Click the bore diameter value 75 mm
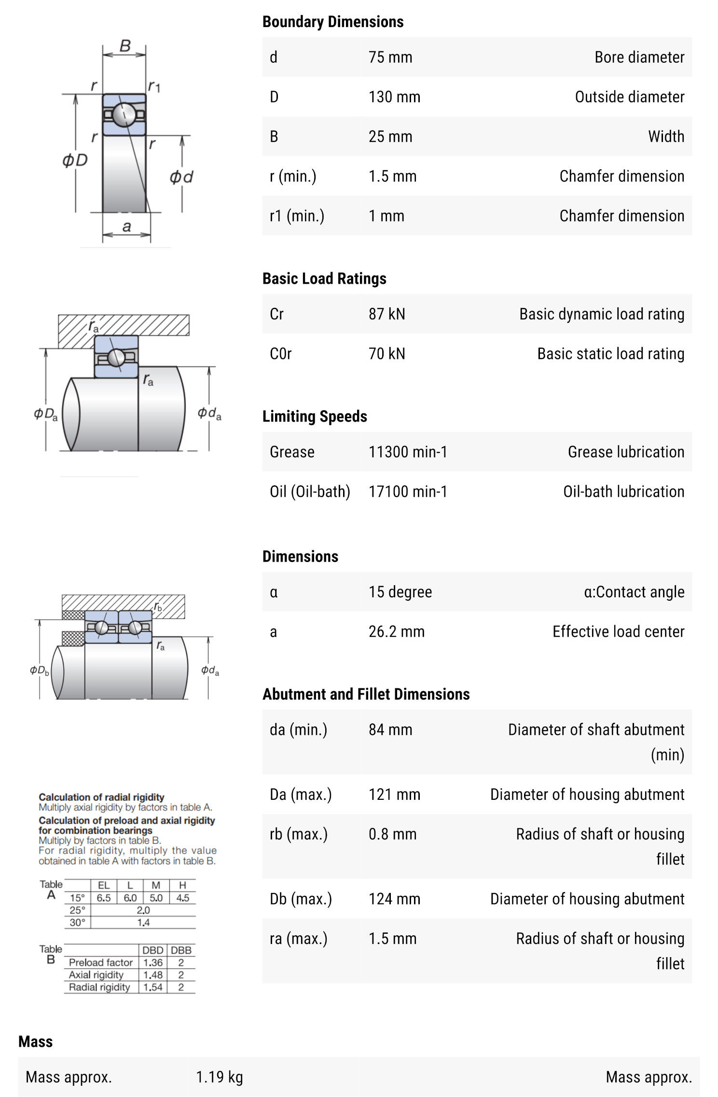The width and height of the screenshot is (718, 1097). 390,57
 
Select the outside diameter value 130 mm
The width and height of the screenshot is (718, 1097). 394,97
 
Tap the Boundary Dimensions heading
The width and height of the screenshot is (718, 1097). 332,22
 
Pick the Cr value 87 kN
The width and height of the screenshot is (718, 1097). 387,314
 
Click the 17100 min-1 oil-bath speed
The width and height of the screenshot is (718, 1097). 408,492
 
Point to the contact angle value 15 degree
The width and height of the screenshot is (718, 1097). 400,592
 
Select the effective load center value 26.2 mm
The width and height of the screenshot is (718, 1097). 396,631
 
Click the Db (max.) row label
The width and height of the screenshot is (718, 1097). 301,899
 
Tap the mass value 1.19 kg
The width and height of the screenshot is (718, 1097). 219,1077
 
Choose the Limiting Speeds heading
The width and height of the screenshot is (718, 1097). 315,416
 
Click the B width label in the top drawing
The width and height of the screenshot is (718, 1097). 125,46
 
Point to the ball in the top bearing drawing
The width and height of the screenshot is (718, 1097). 124,114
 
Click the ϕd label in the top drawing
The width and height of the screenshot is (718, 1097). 181,177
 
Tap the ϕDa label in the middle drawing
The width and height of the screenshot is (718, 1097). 46,414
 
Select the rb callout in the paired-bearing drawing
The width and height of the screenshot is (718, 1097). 158,607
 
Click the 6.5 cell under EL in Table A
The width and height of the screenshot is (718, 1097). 104,898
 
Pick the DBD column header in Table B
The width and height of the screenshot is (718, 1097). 152,950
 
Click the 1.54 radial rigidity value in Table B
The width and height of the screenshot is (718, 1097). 152,987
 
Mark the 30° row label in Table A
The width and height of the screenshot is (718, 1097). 77,922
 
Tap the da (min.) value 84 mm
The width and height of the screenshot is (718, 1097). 390,730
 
